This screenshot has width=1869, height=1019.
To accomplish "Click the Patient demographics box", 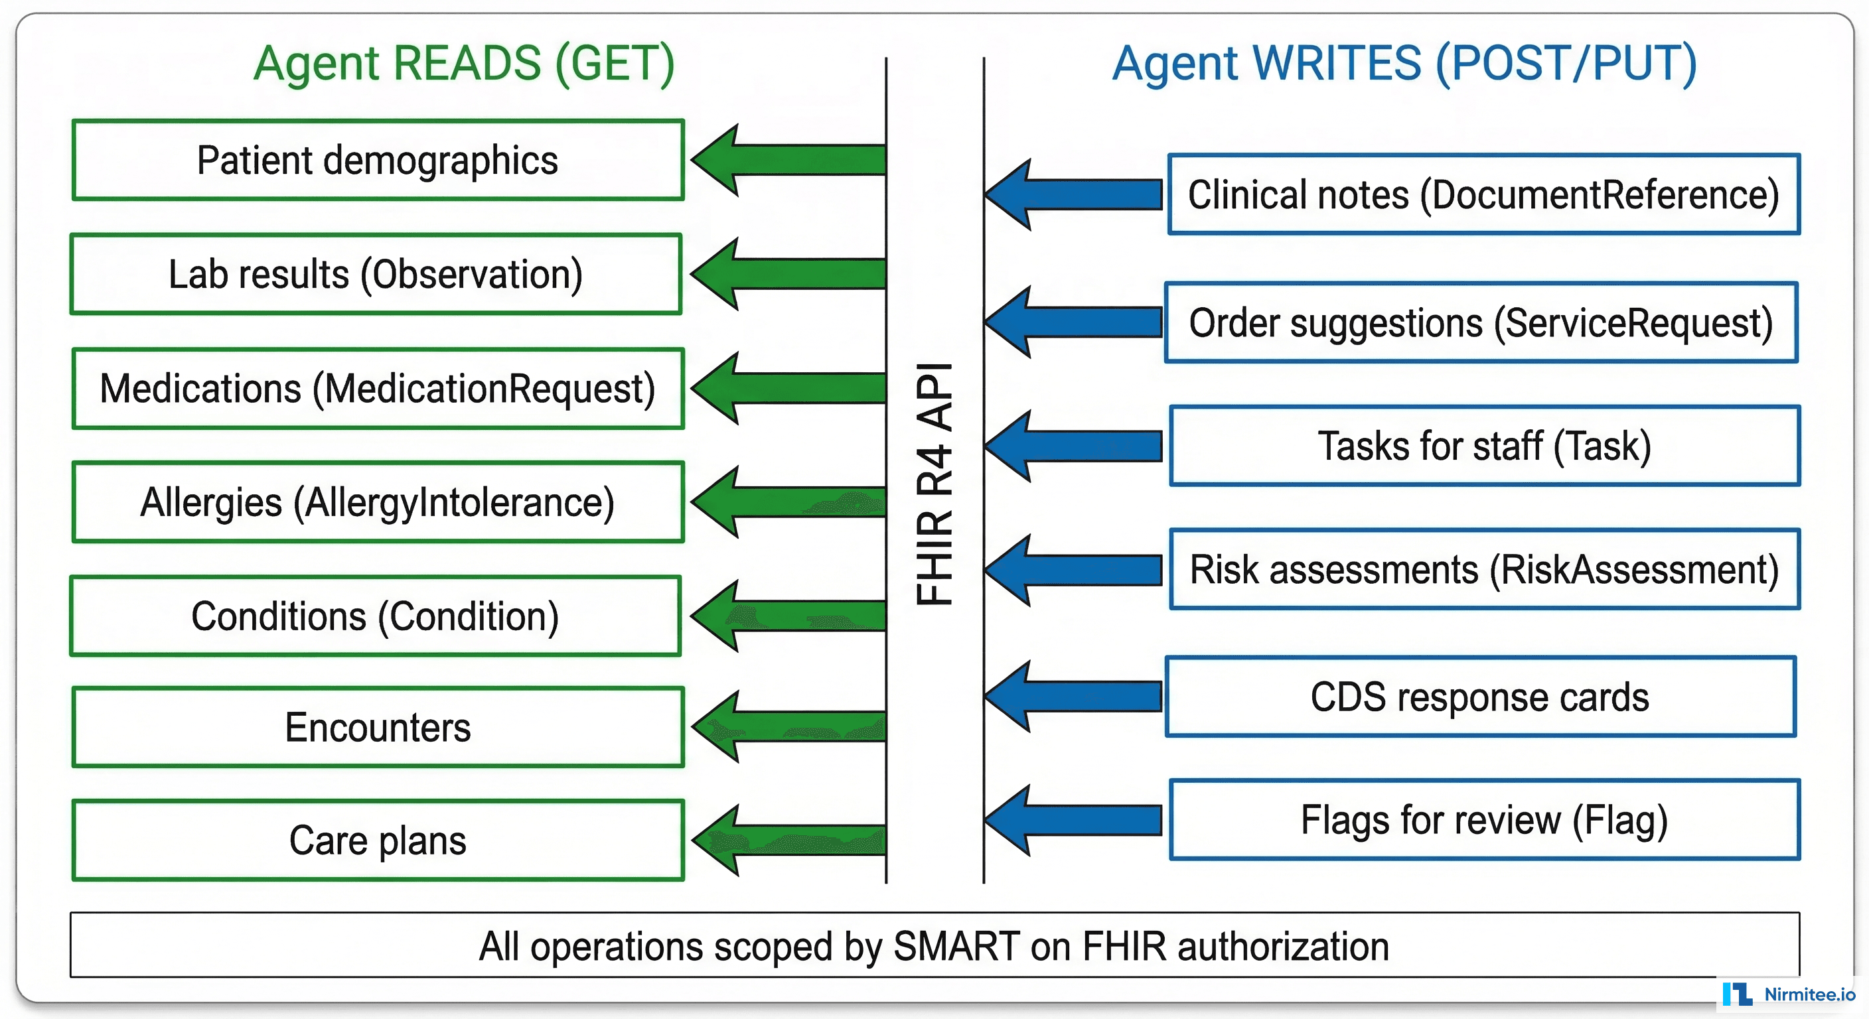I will [377, 161].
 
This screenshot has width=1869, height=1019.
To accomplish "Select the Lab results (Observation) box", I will [376, 274].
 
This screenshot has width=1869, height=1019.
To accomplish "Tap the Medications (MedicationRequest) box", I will [377, 389].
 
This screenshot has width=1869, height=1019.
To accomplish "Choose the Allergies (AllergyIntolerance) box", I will [377, 502].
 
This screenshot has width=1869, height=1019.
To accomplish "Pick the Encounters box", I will [377, 728].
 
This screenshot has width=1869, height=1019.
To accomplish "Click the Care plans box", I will [377, 841].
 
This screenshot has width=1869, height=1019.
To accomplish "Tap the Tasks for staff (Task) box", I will [1485, 445].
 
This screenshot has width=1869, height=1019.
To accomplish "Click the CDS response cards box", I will [1480, 697].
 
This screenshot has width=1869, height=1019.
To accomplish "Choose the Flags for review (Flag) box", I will [1485, 820].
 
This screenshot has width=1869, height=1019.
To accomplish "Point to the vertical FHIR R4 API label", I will [934, 484].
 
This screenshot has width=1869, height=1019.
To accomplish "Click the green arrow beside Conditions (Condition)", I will [787, 616].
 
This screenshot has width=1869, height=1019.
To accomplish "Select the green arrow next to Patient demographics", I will [787, 160].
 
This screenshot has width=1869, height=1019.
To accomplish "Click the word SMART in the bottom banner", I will [956, 947].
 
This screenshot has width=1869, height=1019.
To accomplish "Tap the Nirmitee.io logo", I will [1789, 994].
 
